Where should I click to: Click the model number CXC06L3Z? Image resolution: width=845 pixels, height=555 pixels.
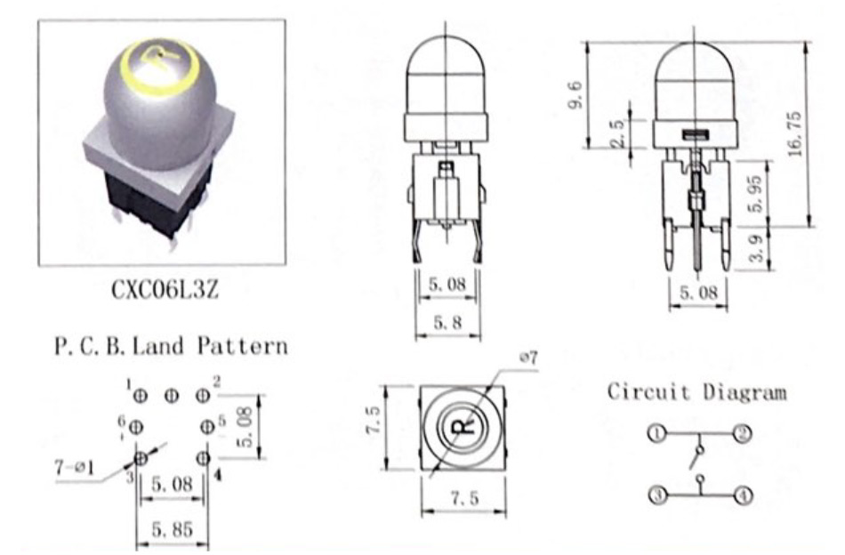coord(165,290)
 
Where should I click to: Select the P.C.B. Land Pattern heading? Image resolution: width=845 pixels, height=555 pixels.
coord(172,345)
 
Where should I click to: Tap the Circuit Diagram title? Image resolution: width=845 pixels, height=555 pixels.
coord(696,391)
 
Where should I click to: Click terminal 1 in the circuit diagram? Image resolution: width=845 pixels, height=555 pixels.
coord(657,432)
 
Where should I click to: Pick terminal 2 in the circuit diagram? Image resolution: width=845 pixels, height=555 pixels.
coord(743,433)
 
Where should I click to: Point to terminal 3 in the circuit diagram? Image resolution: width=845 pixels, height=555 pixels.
coord(658,495)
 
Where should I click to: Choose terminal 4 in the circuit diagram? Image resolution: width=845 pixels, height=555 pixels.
coord(744,495)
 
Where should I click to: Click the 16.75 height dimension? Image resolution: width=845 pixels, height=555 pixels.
coord(795,134)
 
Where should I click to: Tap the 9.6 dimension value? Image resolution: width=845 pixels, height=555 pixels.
coord(575,94)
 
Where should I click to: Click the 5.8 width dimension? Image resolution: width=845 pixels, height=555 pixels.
coord(447,322)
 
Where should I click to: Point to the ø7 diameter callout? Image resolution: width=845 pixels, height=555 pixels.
coord(528,358)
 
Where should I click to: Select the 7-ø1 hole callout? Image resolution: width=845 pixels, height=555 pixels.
coord(75,467)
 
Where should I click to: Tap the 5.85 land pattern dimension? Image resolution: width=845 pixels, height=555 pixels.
coord(172,530)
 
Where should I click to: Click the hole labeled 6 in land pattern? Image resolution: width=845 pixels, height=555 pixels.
coord(136,428)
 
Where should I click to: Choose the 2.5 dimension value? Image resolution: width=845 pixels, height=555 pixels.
coord(617,133)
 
